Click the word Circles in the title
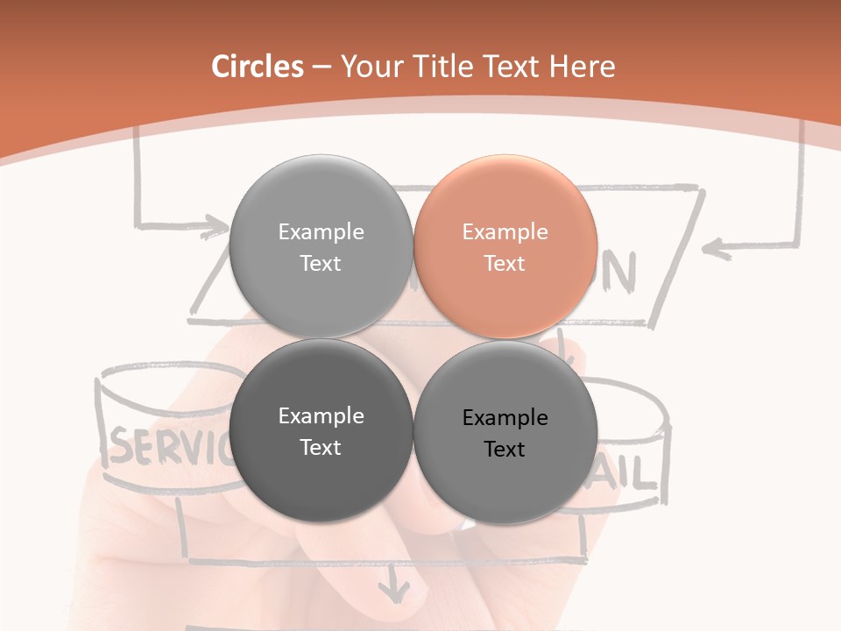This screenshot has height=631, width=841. [x=258, y=67]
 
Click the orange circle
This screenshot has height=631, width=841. [x=505, y=247]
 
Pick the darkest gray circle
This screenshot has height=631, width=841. [x=321, y=431]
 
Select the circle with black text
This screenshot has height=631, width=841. [x=505, y=433]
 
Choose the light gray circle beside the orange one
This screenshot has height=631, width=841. [x=321, y=247]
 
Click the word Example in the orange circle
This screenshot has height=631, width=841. [x=505, y=232]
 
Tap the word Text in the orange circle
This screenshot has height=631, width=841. [x=505, y=264]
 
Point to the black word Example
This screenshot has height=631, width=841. [x=505, y=418]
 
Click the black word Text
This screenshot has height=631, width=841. [x=505, y=450]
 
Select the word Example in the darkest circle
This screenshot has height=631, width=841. [x=321, y=416]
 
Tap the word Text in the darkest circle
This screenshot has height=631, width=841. [x=321, y=448]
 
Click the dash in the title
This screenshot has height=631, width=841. [x=322, y=67]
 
